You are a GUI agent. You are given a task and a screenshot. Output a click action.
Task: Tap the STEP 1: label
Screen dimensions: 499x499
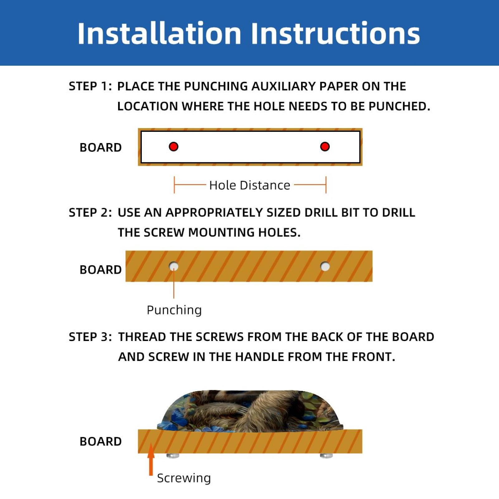click(90, 86)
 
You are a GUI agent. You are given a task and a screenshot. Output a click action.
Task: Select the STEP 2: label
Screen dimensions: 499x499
click(90, 212)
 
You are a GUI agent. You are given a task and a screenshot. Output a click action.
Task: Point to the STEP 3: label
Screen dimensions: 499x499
click(90, 337)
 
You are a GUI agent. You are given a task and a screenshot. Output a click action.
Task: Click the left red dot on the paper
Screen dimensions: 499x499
click(174, 146)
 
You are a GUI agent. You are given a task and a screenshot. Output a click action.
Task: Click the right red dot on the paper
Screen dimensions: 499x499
click(325, 146)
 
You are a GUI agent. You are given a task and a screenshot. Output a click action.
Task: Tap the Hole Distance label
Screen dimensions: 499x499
click(250, 185)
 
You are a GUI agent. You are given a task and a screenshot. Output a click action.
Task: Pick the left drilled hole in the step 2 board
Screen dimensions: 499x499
click(174, 266)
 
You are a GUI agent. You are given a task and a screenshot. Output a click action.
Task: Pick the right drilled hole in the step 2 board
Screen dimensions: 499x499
click(325, 266)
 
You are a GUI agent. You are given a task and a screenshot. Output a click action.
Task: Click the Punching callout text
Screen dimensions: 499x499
click(174, 310)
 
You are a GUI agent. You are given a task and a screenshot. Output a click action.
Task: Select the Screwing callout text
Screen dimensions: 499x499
click(184, 478)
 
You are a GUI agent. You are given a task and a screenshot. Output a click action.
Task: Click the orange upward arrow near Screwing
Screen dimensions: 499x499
click(151, 459)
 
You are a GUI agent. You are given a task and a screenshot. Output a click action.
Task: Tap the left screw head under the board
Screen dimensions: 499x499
click(173, 456)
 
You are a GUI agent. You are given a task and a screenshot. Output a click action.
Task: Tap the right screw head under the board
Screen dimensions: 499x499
click(326, 456)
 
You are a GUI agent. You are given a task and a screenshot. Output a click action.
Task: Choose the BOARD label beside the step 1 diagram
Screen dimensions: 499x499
click(101, 147)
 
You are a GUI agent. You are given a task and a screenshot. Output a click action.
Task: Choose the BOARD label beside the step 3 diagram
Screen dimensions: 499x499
click(101, 441)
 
